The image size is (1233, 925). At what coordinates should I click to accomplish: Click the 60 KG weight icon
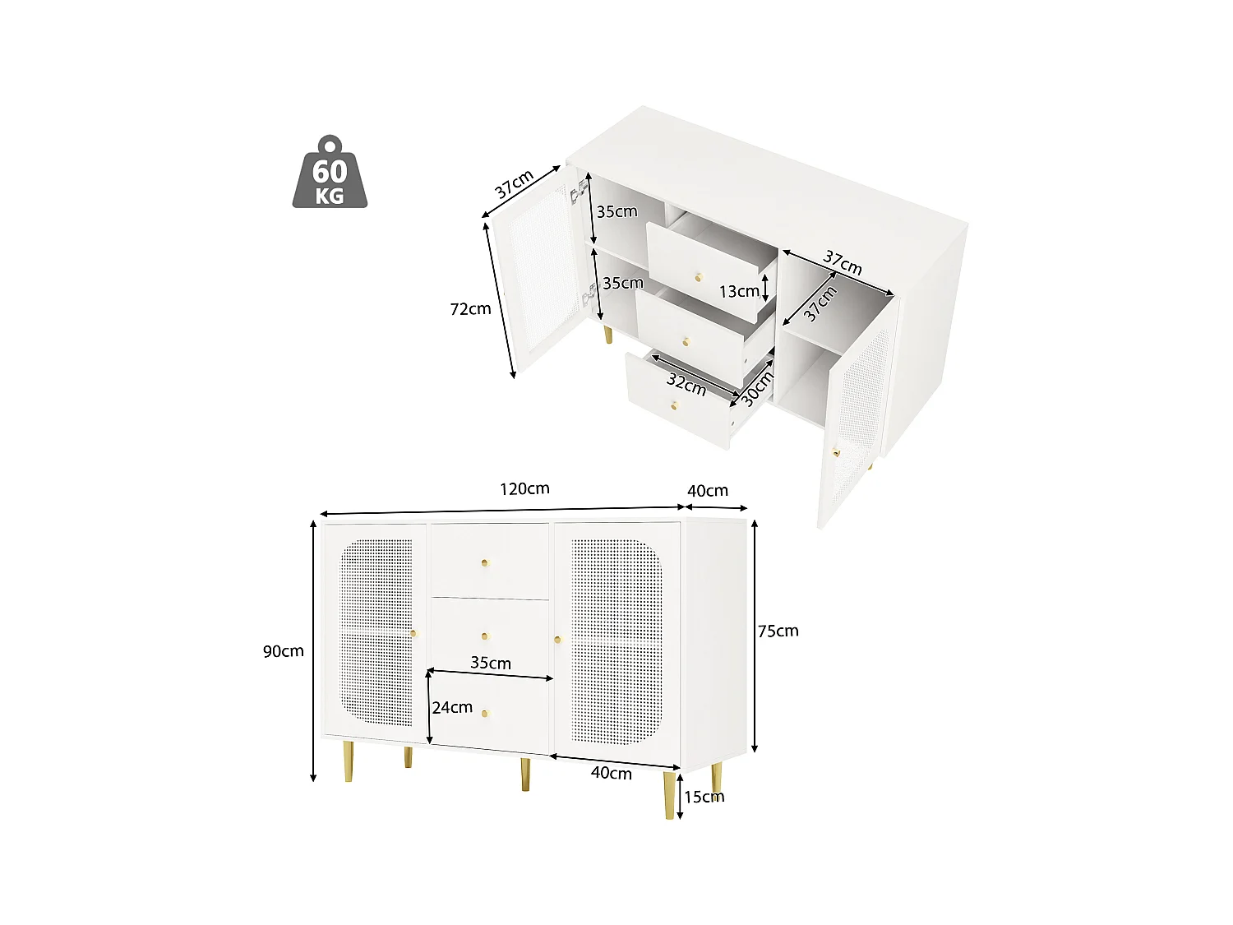pyautogui.click(x=330, y=173)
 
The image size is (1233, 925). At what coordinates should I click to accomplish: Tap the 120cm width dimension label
pyautogui.click(x=524, y=488)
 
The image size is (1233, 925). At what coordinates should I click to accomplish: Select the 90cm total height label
pyautogui.click(x=284, y=651)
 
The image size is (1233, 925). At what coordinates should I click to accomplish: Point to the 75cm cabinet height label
pyautogui.click(x=778, y=631)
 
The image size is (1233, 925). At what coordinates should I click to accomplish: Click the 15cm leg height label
pyautogui.click(x=704, y=797)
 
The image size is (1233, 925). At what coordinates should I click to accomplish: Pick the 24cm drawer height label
pyautogui.click(x=453, y=707)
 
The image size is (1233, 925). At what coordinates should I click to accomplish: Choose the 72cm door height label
pyautogui.click(x=470, y=309)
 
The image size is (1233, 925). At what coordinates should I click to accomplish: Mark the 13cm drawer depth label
pyautogui.click(x=739, y=291)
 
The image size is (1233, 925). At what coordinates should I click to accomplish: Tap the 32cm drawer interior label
pyautogui.click(x=686, y=383)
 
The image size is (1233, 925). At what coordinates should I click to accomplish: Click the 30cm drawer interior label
pyautogui.click(x=757, y=388)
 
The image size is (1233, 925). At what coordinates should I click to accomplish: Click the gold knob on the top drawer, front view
pyautogui.click(x=485, y=563)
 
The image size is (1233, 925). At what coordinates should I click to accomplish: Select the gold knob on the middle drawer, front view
pyautogui.click(x=485, y=636)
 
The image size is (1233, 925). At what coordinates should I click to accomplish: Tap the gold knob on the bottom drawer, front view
pyautogui.click(x=485, y=713)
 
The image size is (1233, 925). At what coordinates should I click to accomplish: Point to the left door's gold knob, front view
pyautogui.click(x=413, y=633)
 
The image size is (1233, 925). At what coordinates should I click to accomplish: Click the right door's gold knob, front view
pyautogui.click(x=557, y=638)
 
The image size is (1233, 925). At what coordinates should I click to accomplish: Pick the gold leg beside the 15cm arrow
pyautogui.click(x=670, y=795)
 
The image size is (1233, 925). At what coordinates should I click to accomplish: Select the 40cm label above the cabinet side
pyautogui.click(x=708, y=491)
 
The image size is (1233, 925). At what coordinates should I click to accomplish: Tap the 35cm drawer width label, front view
pyautogui.click(x=491, y=663)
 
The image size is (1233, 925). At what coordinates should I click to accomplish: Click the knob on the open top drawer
pyautogui.click(x=699, y=278)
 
